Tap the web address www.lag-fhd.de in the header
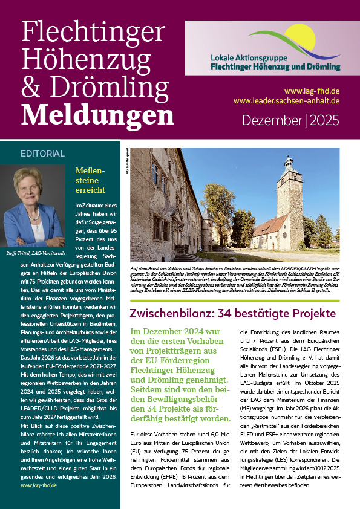tap(315, 91)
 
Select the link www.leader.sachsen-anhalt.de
tap(286, 101)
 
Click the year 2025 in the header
tap(327, 120)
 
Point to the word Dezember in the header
tap(272, 120)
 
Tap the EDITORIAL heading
tap(42, 153)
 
